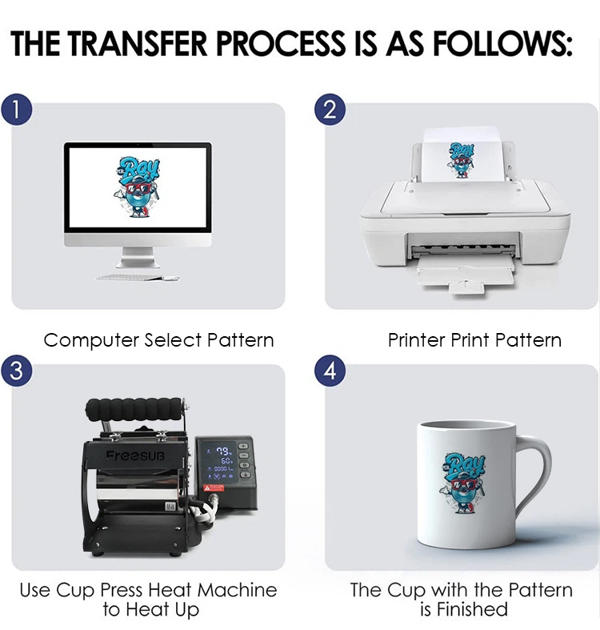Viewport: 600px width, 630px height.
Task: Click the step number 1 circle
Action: tap(16, 110)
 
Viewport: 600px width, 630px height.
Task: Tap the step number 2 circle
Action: tap(330, 110)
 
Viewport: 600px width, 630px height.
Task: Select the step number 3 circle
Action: tap(16, 370)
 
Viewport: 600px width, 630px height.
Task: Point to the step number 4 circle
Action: tap(330, 370)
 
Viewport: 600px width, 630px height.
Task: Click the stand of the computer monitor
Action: tap(138, 257)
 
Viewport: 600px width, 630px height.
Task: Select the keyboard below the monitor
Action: tap(130, 277)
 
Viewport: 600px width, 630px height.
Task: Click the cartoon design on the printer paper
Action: tap(461, 159)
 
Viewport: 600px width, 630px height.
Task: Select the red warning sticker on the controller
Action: tap(214, 488)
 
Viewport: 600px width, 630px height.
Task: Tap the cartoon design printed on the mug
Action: tap(464, 483)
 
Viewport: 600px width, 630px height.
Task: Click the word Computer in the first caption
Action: tap(91, 341)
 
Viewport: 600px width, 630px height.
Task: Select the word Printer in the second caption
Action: tap(417, 340)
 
